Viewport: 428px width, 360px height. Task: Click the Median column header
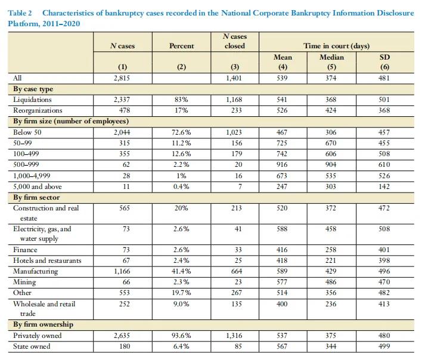(x=331, y=57)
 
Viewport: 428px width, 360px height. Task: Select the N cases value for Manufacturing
(x=122, y=271)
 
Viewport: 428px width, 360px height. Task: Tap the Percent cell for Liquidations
(x=181, y=100)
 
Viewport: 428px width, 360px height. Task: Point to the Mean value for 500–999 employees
(x=282, y=165)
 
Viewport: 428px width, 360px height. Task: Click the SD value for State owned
(x=384, y=346)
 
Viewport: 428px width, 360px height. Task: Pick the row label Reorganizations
(x=38, y=110)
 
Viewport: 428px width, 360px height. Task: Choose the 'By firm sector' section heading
(x=36, y=198)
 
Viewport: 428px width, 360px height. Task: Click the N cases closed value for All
(x=234, y=78)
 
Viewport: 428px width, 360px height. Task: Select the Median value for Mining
(x=331, y=282)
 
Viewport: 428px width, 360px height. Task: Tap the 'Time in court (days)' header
(x=337, y=46)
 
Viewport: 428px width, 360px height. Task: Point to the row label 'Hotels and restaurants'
(x=47, y=260)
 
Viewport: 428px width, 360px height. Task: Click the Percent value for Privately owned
(x=181, y=336)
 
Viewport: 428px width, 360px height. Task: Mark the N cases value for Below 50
(x=122, y=132)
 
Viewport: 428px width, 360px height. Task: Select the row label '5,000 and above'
(x=38, y=187)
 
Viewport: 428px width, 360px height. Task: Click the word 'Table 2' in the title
(x=20, y=13)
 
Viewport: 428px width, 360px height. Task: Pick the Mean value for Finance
(x=282, y=250)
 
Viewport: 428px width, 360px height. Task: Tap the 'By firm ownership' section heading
(x=43, y=324)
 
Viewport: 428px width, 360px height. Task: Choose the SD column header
(x=384, y=57)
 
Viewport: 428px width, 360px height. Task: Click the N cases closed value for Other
(x=237, y=293)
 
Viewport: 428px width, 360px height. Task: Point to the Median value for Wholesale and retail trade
(x=331, y=304)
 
